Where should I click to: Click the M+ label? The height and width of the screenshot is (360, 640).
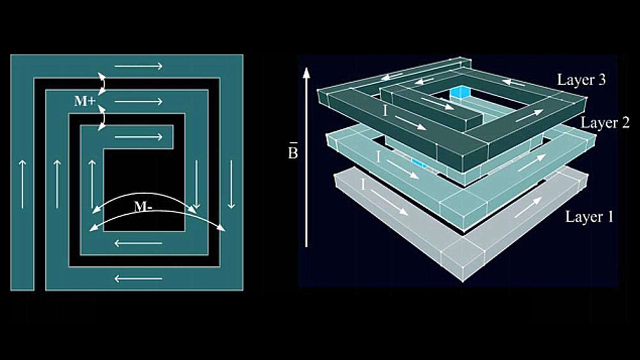tap(85, 101)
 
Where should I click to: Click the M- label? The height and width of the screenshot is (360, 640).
tap(143, 207)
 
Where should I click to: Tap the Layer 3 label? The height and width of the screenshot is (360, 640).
tap(581, 80)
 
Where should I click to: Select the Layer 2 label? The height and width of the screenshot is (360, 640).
tap(605, 123)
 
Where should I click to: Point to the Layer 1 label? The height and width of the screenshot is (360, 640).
tap(590, 217)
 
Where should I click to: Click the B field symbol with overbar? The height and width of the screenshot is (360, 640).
tap(293, 151)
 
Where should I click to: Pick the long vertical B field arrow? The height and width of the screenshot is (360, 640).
tap(306, 157)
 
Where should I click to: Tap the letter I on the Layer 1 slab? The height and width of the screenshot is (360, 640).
tap(363, 185)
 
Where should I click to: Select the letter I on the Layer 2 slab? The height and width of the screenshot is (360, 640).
tap(378, 157)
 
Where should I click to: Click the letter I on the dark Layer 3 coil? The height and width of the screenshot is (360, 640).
tap(385, 111)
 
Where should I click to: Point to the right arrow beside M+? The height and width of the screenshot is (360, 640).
tap(139, 101)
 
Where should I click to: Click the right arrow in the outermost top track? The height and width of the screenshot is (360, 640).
tap(139, 66)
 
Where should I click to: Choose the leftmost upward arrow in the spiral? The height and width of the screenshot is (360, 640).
tap(22, 184)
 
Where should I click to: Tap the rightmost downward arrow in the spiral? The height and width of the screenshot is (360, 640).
tap(231, 184)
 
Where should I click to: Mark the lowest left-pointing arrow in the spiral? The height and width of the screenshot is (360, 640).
tap(138, 279)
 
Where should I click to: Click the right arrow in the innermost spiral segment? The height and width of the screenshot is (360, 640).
tap(139, 137)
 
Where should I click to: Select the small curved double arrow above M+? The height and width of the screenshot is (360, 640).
tap(102, 84)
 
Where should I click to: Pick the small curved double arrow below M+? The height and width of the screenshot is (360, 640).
tap(102, 118)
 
